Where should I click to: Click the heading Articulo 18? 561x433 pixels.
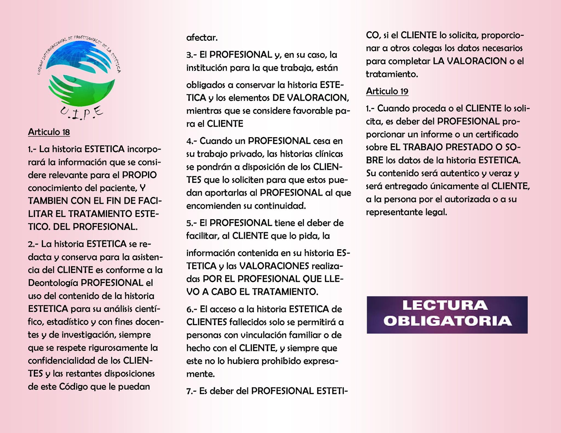point(49,132)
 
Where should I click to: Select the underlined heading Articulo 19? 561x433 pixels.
point(387,91)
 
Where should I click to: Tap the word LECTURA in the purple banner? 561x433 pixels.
point(445,305)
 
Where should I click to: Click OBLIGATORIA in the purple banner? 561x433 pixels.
point(447,321)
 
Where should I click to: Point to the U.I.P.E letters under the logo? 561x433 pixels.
point(81,112)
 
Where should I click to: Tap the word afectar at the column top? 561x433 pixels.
point(202,38)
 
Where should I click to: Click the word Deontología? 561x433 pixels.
point(53,283)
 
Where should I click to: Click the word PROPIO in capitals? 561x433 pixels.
point(139,175)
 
